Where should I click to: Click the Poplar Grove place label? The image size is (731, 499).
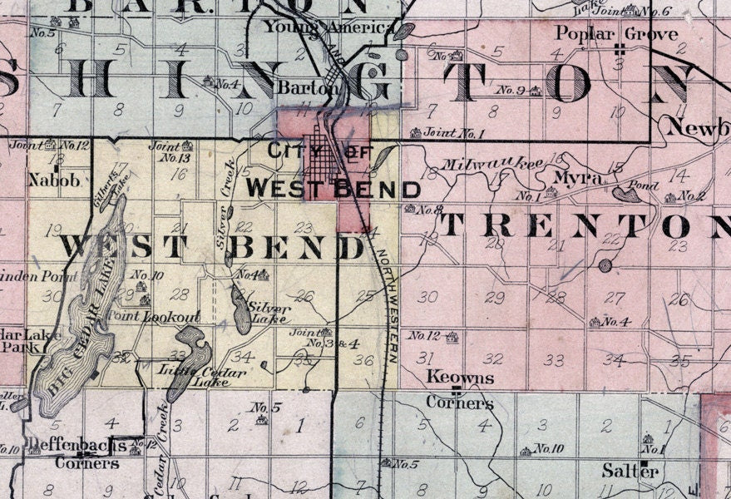click(x=616, y=35)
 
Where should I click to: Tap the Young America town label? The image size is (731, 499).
click(x=329, y=27)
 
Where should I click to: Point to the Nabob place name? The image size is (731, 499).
click(x=47, y=179)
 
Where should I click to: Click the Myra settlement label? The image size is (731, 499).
click(x=572, y=179)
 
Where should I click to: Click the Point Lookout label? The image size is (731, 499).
click(x=170, y=317)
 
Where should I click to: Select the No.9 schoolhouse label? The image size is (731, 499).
click(x=512, y=89)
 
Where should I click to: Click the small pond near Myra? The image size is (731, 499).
click(x=625, y=195)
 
